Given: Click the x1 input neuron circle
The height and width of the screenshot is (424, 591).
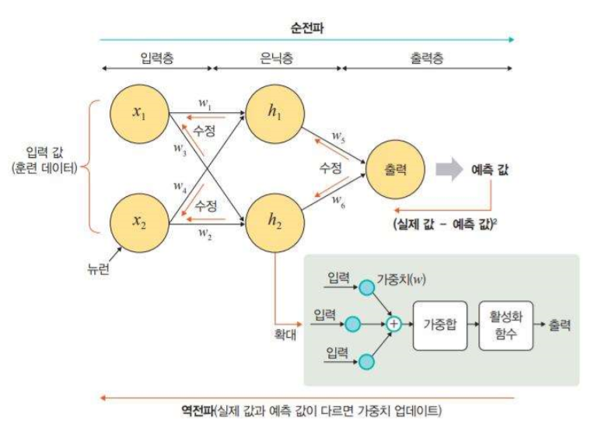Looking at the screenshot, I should click(140, 112).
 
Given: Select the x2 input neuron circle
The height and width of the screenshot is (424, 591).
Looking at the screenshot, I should click(140, 221).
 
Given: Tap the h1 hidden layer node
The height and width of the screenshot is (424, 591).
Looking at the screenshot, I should click(274, 112).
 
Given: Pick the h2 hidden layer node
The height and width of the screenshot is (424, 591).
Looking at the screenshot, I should click(274, 221).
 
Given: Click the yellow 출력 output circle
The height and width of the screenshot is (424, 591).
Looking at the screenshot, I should click(396, 166).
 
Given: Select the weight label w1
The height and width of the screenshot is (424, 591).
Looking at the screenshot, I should click(205, 102).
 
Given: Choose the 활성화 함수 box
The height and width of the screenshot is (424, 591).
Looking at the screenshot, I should click(508, 320).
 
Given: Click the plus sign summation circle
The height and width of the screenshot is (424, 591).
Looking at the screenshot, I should click(394, 320).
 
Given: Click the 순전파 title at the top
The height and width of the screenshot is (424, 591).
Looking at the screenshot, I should click(306, 23).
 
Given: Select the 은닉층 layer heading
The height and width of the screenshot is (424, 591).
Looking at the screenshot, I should click(277, 57).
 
